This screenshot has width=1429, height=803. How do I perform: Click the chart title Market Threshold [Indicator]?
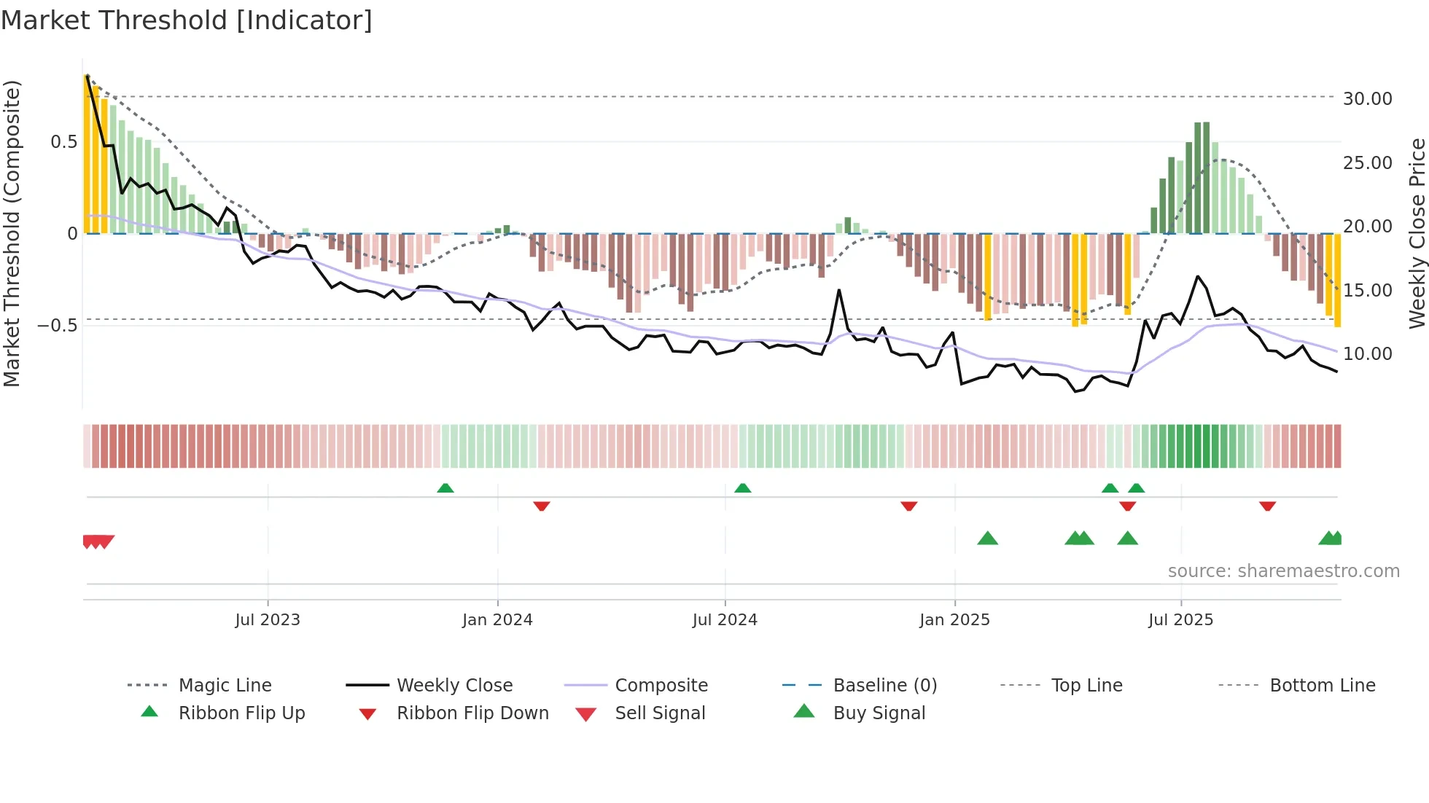(187, 20)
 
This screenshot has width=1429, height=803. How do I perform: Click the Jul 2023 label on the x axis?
(268, 620)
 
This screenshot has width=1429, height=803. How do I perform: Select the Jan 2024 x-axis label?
(497, 620)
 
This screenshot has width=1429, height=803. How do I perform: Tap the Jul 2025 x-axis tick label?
(1180, 620)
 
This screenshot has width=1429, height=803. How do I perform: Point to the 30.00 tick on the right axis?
(1367, 98)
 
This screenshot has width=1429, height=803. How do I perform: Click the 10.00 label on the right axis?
(1367, 354)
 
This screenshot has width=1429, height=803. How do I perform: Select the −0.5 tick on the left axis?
(58, 325)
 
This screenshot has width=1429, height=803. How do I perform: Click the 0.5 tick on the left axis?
(63, 142)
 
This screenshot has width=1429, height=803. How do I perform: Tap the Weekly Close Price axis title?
(1417, 233)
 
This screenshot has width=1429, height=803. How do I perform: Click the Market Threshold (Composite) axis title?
(12, 233)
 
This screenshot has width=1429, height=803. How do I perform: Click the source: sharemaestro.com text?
(1283, 571)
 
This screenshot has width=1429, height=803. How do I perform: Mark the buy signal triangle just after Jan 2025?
(987, 539)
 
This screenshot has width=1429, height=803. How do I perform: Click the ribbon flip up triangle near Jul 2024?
(742, 488)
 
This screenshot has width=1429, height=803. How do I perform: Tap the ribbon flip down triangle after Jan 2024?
(541, 506)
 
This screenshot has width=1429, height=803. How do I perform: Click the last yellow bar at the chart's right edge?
(1337, 280)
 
